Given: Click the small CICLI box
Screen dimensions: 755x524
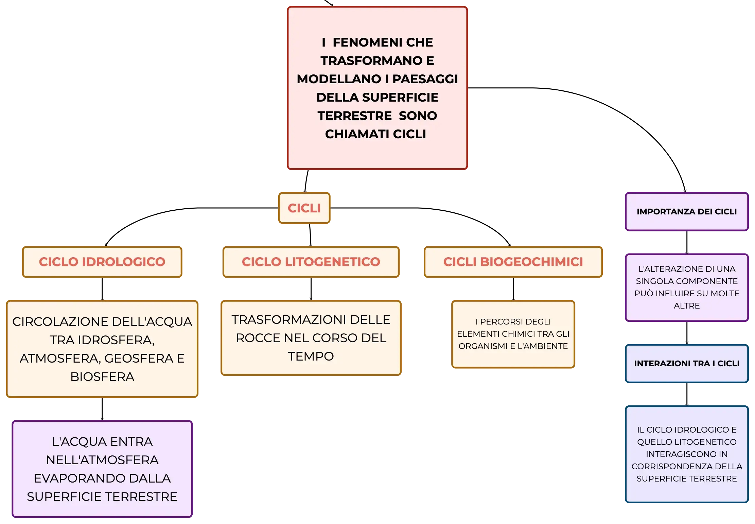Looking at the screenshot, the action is (x=304, y=208).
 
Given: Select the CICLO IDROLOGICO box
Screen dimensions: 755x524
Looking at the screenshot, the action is (x=102, y=262).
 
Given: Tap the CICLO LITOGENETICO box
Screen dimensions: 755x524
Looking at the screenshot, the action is (x=311, y=262).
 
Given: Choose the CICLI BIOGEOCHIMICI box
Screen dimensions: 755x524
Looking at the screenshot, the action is (x=513, y=262).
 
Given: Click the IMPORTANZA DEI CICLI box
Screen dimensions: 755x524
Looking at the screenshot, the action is (x=687, y=211).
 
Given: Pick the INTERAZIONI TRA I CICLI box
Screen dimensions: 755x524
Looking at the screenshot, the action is (x=687, y=363).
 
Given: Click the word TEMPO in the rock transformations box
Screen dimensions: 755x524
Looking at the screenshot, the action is (x=311, y=356).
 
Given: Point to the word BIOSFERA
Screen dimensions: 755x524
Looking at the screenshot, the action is (x=102, y=377).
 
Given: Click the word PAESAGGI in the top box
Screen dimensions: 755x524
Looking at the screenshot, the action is (x=425, y=79).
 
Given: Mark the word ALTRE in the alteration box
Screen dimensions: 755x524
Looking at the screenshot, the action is (x=687, y=305).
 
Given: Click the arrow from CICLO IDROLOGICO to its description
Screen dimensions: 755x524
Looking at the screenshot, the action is (x=102, y=289).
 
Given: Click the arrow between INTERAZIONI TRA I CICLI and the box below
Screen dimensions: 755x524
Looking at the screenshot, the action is (x=687, y=394).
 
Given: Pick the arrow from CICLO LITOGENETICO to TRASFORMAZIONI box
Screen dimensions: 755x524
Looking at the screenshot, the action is (x=311, y=289).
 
